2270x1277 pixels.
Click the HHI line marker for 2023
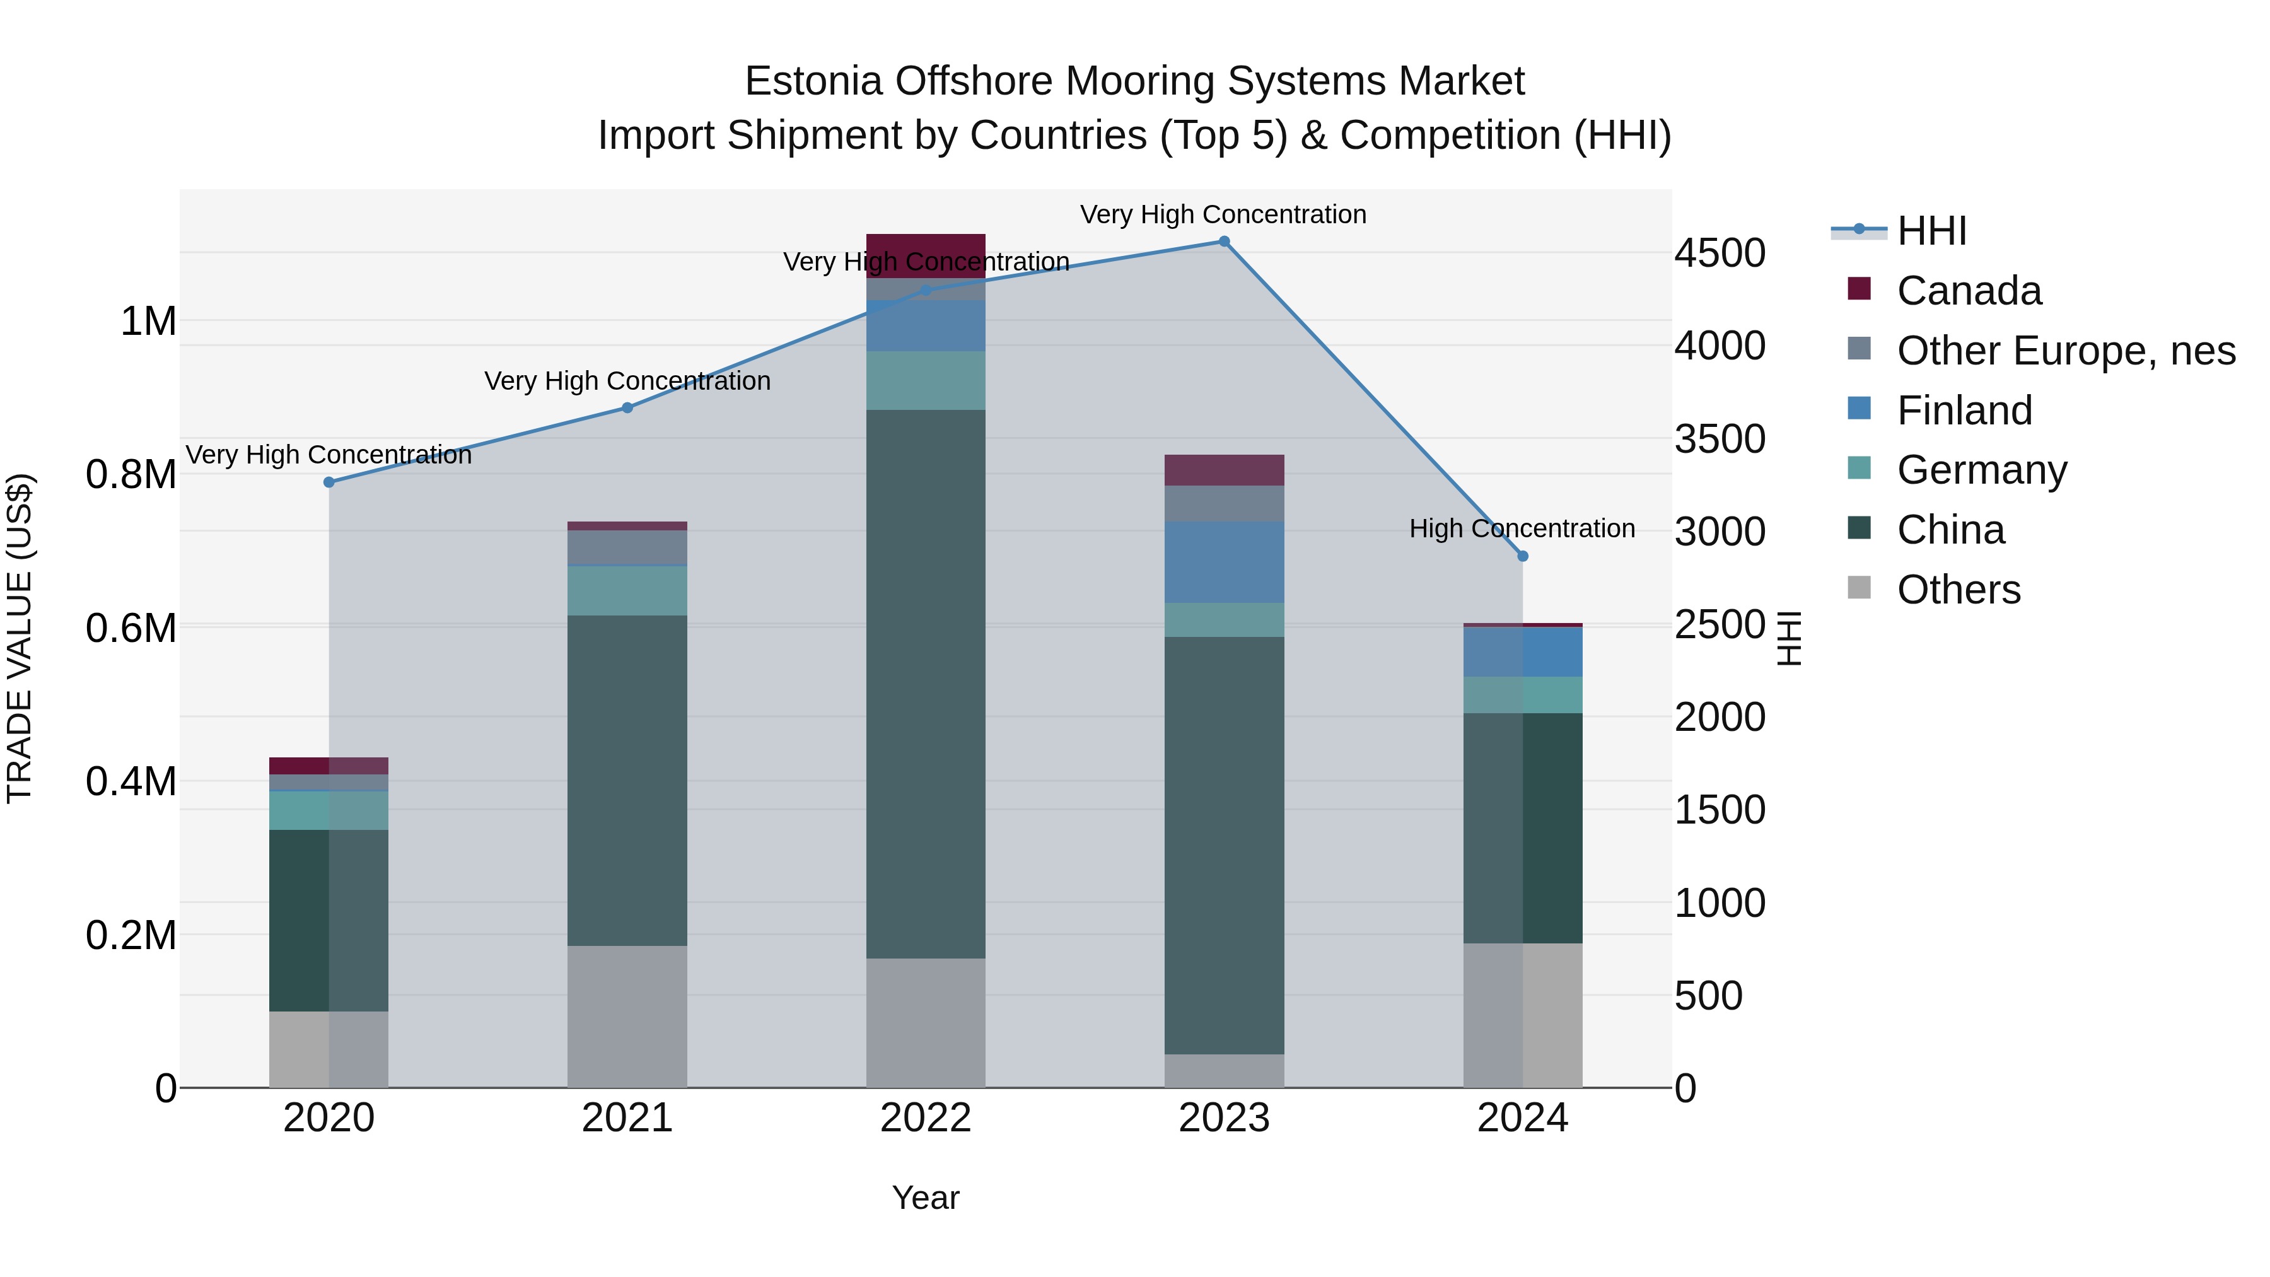[x=1224, y=242]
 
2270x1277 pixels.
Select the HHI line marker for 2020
[x=329, y=482]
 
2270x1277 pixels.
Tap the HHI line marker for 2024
[x=1523, y=556]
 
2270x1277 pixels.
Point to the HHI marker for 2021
[x=627, y=408]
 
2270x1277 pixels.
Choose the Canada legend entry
[x=1969, y=291]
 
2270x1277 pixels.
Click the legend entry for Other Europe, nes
[x=2066, y=351]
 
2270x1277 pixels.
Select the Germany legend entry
[x=1982, y=470]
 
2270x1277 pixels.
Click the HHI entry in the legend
[x=1931, y=231]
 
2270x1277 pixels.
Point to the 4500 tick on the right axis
[x=1720, y=253]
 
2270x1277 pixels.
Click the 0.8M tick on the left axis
[x=131, y=474]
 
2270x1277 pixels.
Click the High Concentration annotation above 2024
[x=1522, y=529]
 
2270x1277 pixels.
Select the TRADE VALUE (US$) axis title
[x=20, y=638]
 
